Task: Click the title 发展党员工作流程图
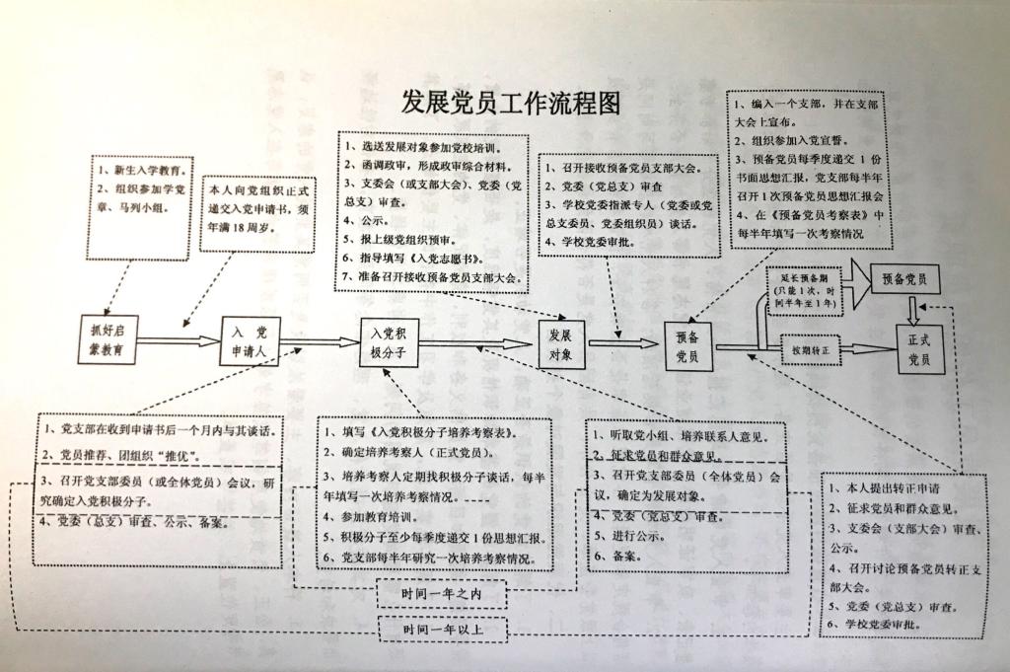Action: pyautogui.click(x=510, y=103)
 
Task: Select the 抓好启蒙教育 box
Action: pyautogui.click(x=108, y=339)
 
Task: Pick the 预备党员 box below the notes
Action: pyautogui.click(x=687, y=346)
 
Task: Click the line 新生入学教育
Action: pyautogui.click(x=141, y=171)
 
